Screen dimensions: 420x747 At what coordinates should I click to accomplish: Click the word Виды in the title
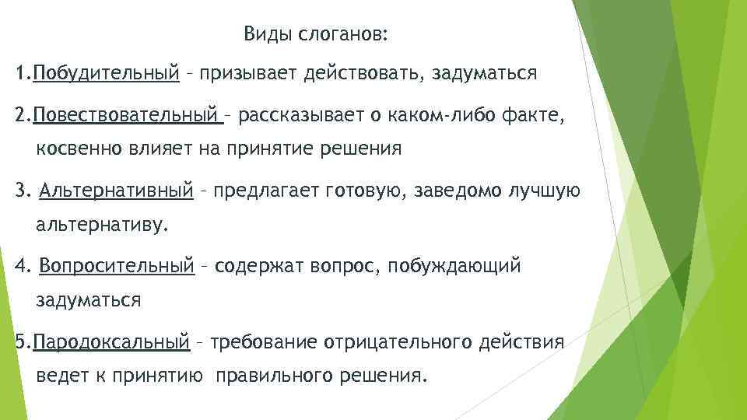tap(263, 35)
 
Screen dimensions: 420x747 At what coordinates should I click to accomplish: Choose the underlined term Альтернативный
tap(116, 191)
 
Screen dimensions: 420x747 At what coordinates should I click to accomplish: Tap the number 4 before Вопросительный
tap(20, 267)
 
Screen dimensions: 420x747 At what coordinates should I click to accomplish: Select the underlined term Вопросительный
tap(116, 267)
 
